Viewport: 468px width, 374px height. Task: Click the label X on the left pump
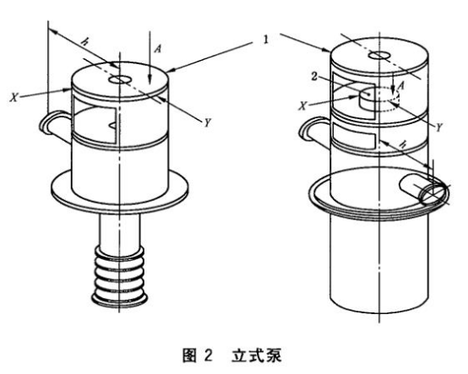coord(14,97)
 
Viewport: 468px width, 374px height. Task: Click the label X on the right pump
coord(303,106)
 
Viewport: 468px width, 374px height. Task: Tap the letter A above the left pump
coord(158,48)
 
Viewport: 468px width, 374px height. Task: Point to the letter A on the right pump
coord(401,86)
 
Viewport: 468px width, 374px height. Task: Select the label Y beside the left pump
coord(208,122)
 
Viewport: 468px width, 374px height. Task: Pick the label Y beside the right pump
coord(439,127)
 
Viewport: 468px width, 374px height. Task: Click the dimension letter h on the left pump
coord(85,42)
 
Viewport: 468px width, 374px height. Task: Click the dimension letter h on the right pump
coord(403,144)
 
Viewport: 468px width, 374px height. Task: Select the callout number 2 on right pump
coord(314,77)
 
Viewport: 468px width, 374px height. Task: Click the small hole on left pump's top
coord(121,79)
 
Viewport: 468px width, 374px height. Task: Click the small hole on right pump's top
coord(379,55)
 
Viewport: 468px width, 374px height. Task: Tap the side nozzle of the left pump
coord(55,125)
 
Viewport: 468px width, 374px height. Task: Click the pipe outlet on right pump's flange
coord(424,190)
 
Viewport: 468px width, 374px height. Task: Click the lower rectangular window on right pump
coord(354,136)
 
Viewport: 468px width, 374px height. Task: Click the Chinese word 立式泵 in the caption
coord(257,355)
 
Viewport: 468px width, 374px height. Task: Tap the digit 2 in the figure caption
coord(209,355)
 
